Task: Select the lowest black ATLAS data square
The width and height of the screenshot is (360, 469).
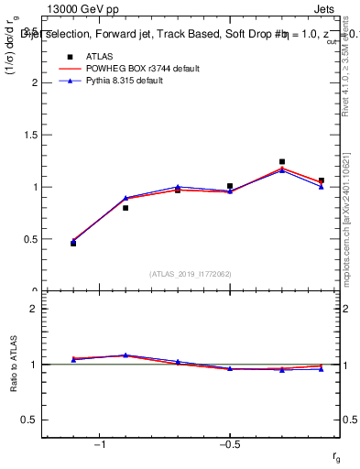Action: pos(73,243)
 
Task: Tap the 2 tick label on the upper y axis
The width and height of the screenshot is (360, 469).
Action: pos(34,82)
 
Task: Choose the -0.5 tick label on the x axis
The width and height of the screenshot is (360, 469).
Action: pos(229,444)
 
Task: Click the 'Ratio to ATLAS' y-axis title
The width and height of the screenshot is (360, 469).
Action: pos(12,365)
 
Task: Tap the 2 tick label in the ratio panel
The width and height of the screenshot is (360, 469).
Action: pos(34,309)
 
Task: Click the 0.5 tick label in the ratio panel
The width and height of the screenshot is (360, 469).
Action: pos(29,420)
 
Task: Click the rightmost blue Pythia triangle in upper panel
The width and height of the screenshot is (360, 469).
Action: pos(321,186)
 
